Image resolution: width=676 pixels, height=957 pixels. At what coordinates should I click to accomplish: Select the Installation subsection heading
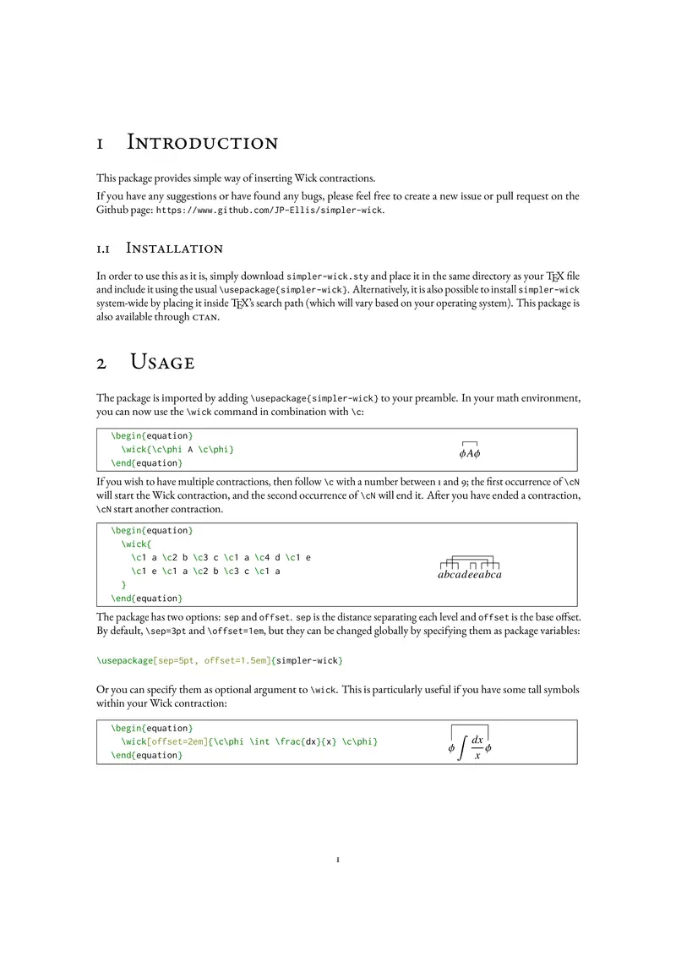coord(174,249)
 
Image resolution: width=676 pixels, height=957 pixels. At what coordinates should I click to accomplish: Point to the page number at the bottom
coord(338,861)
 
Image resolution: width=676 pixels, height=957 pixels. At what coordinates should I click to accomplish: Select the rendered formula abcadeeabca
coord(471,574)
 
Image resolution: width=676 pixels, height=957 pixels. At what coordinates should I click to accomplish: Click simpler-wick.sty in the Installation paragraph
coord(328,276)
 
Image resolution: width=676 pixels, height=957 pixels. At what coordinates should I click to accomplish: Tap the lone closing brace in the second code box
coord(124,585)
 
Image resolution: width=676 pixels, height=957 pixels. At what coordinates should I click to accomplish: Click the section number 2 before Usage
coord(101,363)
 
